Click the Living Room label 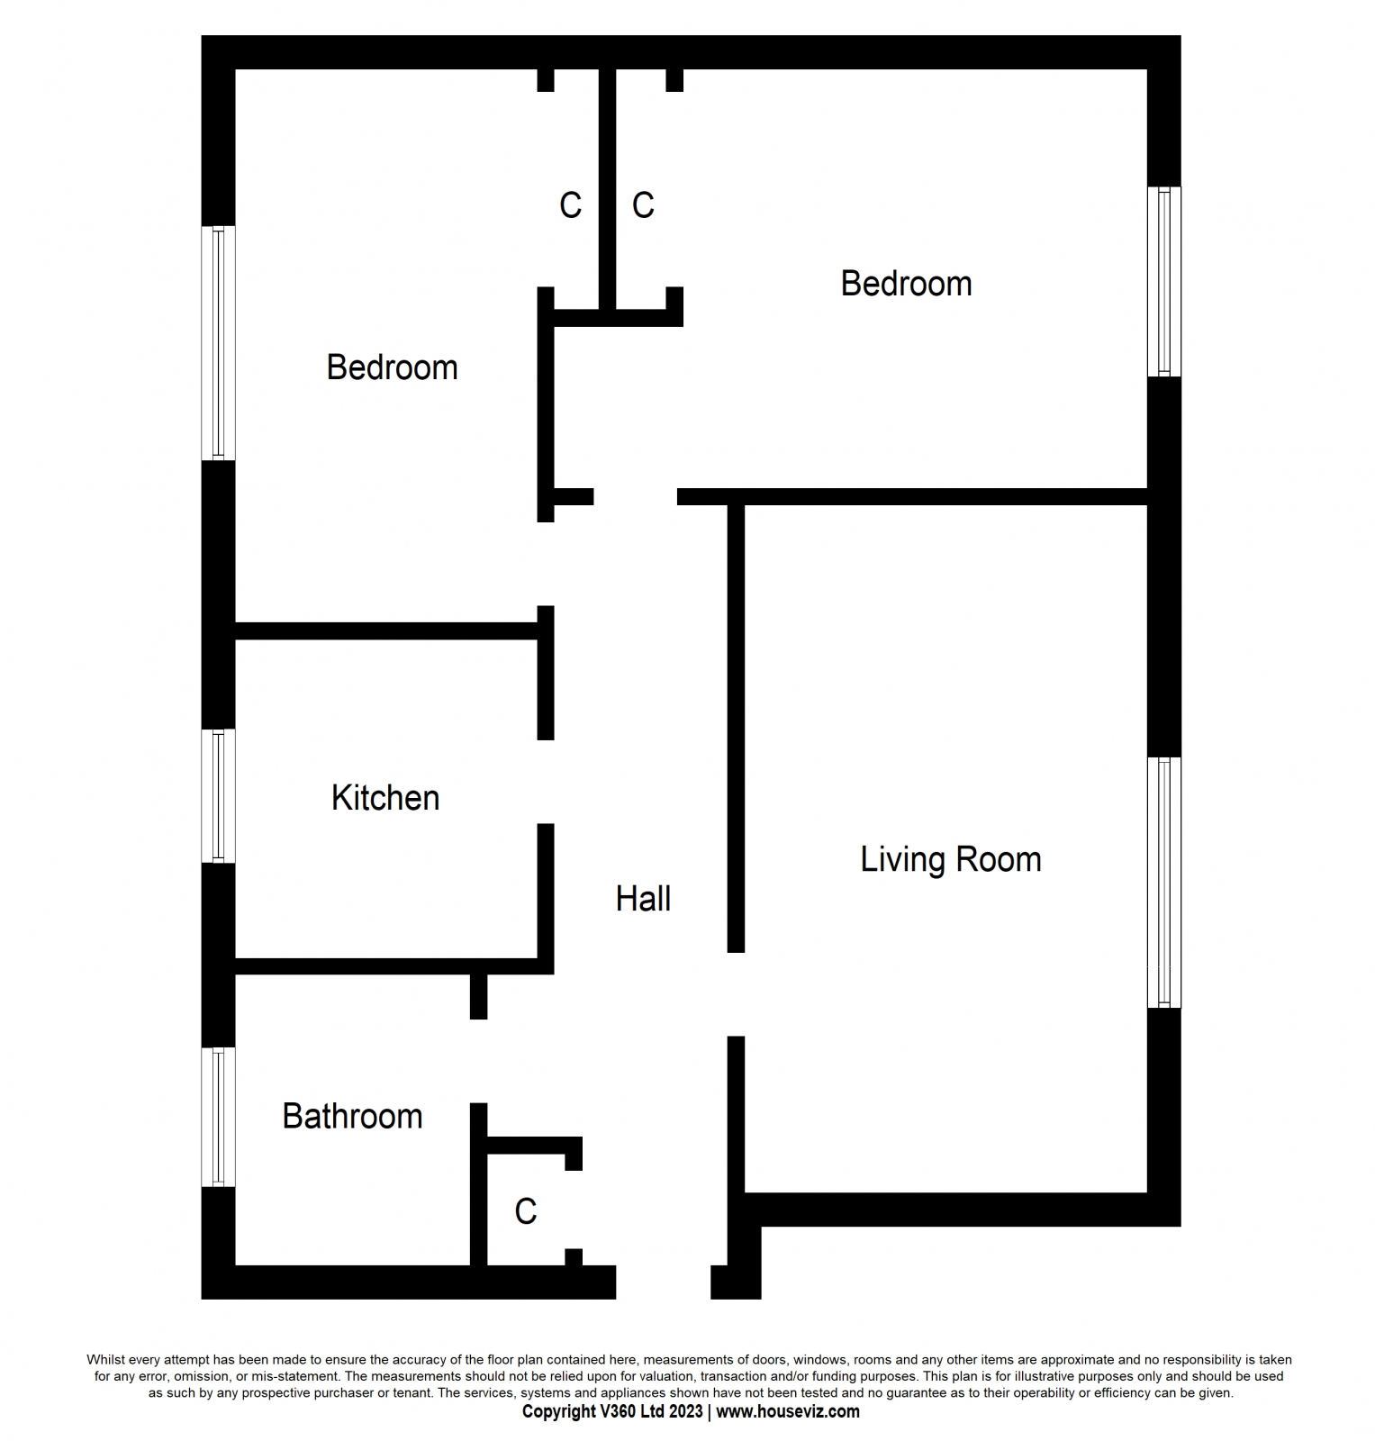(x=950, y=859)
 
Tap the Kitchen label (x=385, y=798)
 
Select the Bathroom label (x=352, y=1117)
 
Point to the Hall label (x=643, y=899)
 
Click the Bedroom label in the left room (x=392, y=367)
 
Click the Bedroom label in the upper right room (x=906, y=284)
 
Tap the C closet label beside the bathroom (x=526, y=1211)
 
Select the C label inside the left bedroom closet (x=570, y=205)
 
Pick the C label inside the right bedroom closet (x=643, y=205)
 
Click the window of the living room (x=1163, y=882)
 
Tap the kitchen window (x=218, y=796)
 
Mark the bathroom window (x=218, y=1117)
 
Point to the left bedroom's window (x=218, y=342)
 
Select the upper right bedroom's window (x=1163, y=281)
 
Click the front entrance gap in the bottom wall (x=663, y=1282)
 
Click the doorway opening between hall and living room (x=736, y=994)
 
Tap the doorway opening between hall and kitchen (x=546, y=782)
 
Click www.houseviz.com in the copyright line (x=788, y=1411)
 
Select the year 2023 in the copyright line (x=686, y=1411)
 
